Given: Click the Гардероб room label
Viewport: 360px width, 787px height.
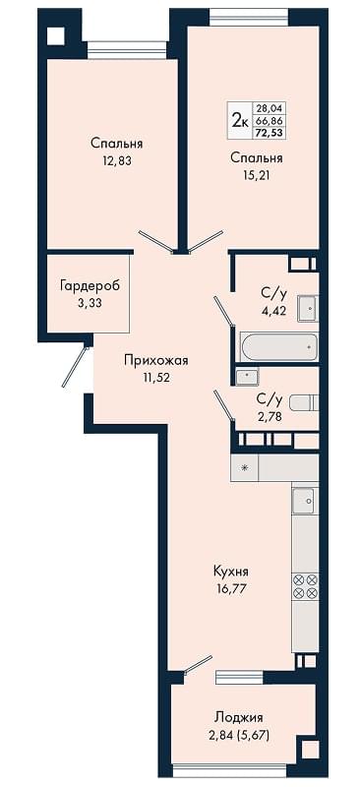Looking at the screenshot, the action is [x=90, y=286].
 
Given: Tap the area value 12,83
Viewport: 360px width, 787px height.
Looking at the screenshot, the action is [x=116, y=161].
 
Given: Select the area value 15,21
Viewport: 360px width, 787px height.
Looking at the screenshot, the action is [x=256, y=175].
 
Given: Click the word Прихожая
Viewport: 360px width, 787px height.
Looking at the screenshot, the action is [x=155, y=360].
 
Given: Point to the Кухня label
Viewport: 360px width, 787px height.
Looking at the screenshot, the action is [x=231, y=572].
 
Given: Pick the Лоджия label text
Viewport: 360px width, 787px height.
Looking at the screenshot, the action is [x=238, y=717].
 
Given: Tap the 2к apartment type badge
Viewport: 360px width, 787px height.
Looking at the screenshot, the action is [x=239, y=120].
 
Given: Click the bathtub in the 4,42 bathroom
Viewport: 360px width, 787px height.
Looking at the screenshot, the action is [x=278, y=346].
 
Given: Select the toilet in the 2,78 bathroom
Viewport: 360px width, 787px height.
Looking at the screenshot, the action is [x=304, y=403].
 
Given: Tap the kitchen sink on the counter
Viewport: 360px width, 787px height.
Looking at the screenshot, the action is [x=305, y=501].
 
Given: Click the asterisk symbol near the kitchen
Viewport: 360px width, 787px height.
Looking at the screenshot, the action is [x=245, y=468].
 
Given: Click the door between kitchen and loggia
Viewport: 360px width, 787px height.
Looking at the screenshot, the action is [x=198, y=663].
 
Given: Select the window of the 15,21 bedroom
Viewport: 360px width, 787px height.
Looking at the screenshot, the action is [x=249, y=18].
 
